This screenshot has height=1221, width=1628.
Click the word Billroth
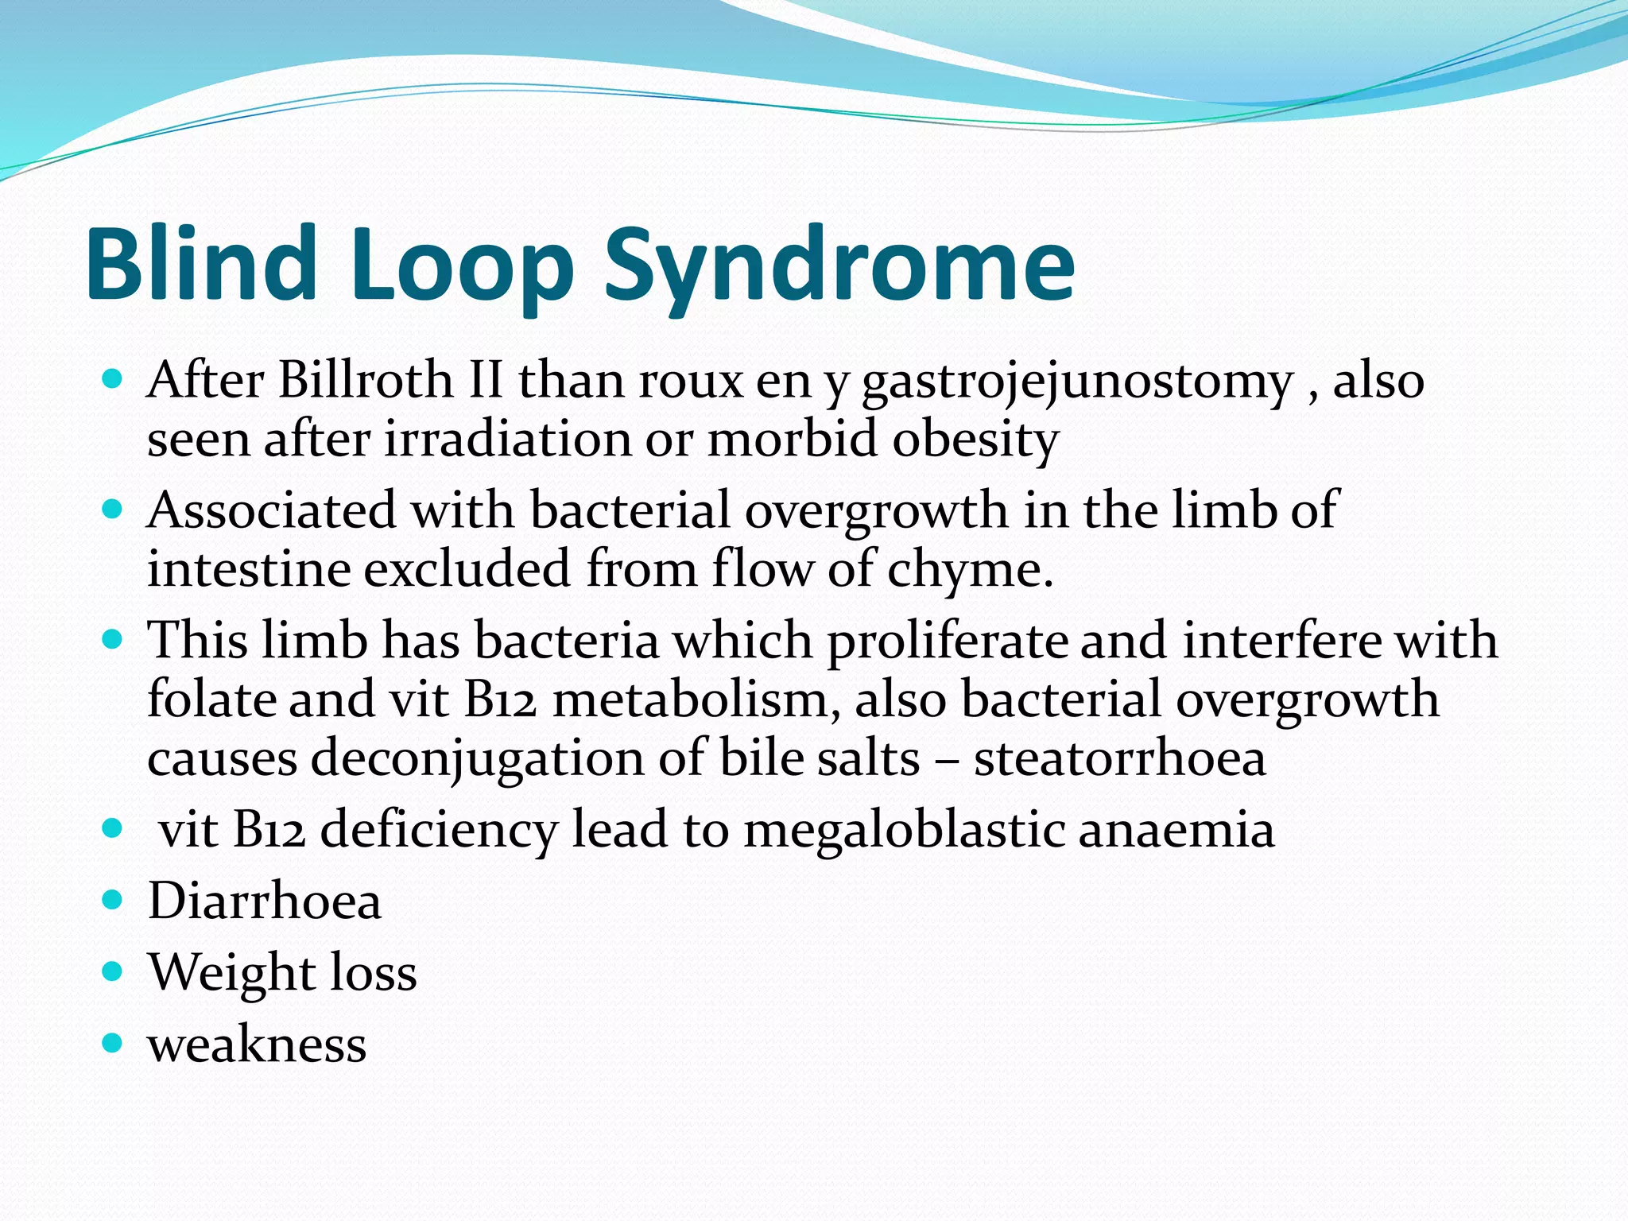pyautogui.click(x=366, y=380)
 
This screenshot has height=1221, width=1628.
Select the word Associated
pyautogui.click(x=271, y=510)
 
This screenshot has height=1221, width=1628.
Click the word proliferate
pyautogui.click(x=947, y=641)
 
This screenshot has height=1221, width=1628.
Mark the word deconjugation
pyautogui.click(x=476, y=758)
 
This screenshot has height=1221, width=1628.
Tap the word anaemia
pyautogui.click(x=1176, y=830)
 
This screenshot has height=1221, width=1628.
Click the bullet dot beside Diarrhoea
pyautogui.click(x=113, y=900)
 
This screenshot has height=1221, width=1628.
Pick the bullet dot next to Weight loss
pyautogui.click(x=113, y=971)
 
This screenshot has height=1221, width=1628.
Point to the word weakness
pyautogui.click(x=257, y=1044)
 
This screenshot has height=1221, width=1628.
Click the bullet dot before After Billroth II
pyautogui.click(x=113, y=378)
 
